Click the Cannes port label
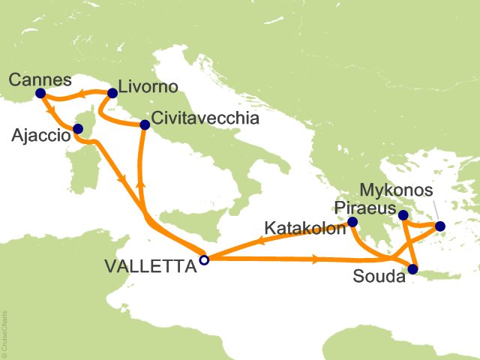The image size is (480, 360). [41, 79]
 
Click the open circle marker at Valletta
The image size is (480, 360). [203, 260]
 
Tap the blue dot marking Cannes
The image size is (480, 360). [40, 94]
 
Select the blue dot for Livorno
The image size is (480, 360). [112, 94]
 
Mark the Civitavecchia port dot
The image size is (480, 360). [144, 124]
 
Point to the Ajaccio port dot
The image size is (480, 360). [77, 128]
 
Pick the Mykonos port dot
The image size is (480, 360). [440, 226]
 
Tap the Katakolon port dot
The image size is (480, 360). [353, 221]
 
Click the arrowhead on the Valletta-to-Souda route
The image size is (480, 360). [315, 260]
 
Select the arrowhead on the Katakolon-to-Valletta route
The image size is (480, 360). [262, 241]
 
